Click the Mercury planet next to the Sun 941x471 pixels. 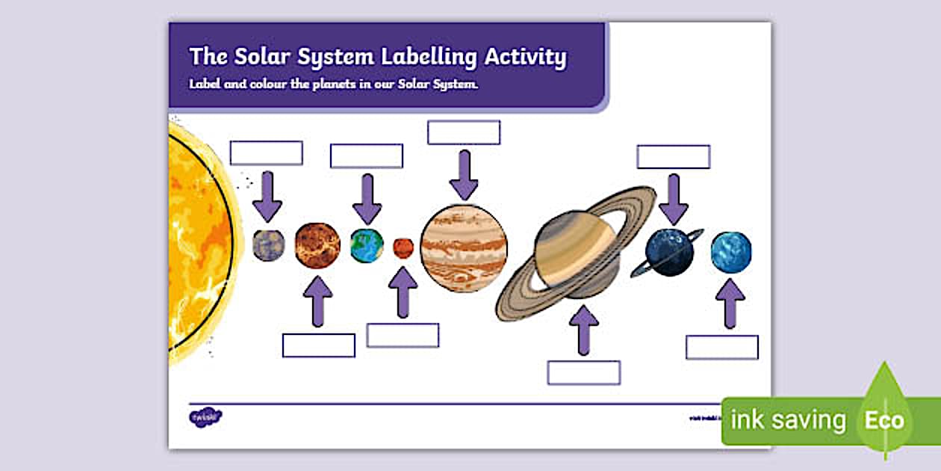268,245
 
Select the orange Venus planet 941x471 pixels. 317,245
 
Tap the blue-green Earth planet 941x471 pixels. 367,246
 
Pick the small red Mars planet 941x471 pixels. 403,248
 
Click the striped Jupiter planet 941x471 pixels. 464,247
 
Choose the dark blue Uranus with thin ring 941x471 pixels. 669,253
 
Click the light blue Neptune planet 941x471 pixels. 731,252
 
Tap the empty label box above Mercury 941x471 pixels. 266,153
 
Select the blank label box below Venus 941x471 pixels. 319,345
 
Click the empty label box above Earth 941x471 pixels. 367,156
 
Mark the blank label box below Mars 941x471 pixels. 403,336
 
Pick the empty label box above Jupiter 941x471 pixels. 464,132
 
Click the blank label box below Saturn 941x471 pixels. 584,372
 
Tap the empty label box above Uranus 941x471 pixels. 674,157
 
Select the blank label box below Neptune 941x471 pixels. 722,348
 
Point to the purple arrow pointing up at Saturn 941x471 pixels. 584,330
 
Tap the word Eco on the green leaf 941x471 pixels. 883,420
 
